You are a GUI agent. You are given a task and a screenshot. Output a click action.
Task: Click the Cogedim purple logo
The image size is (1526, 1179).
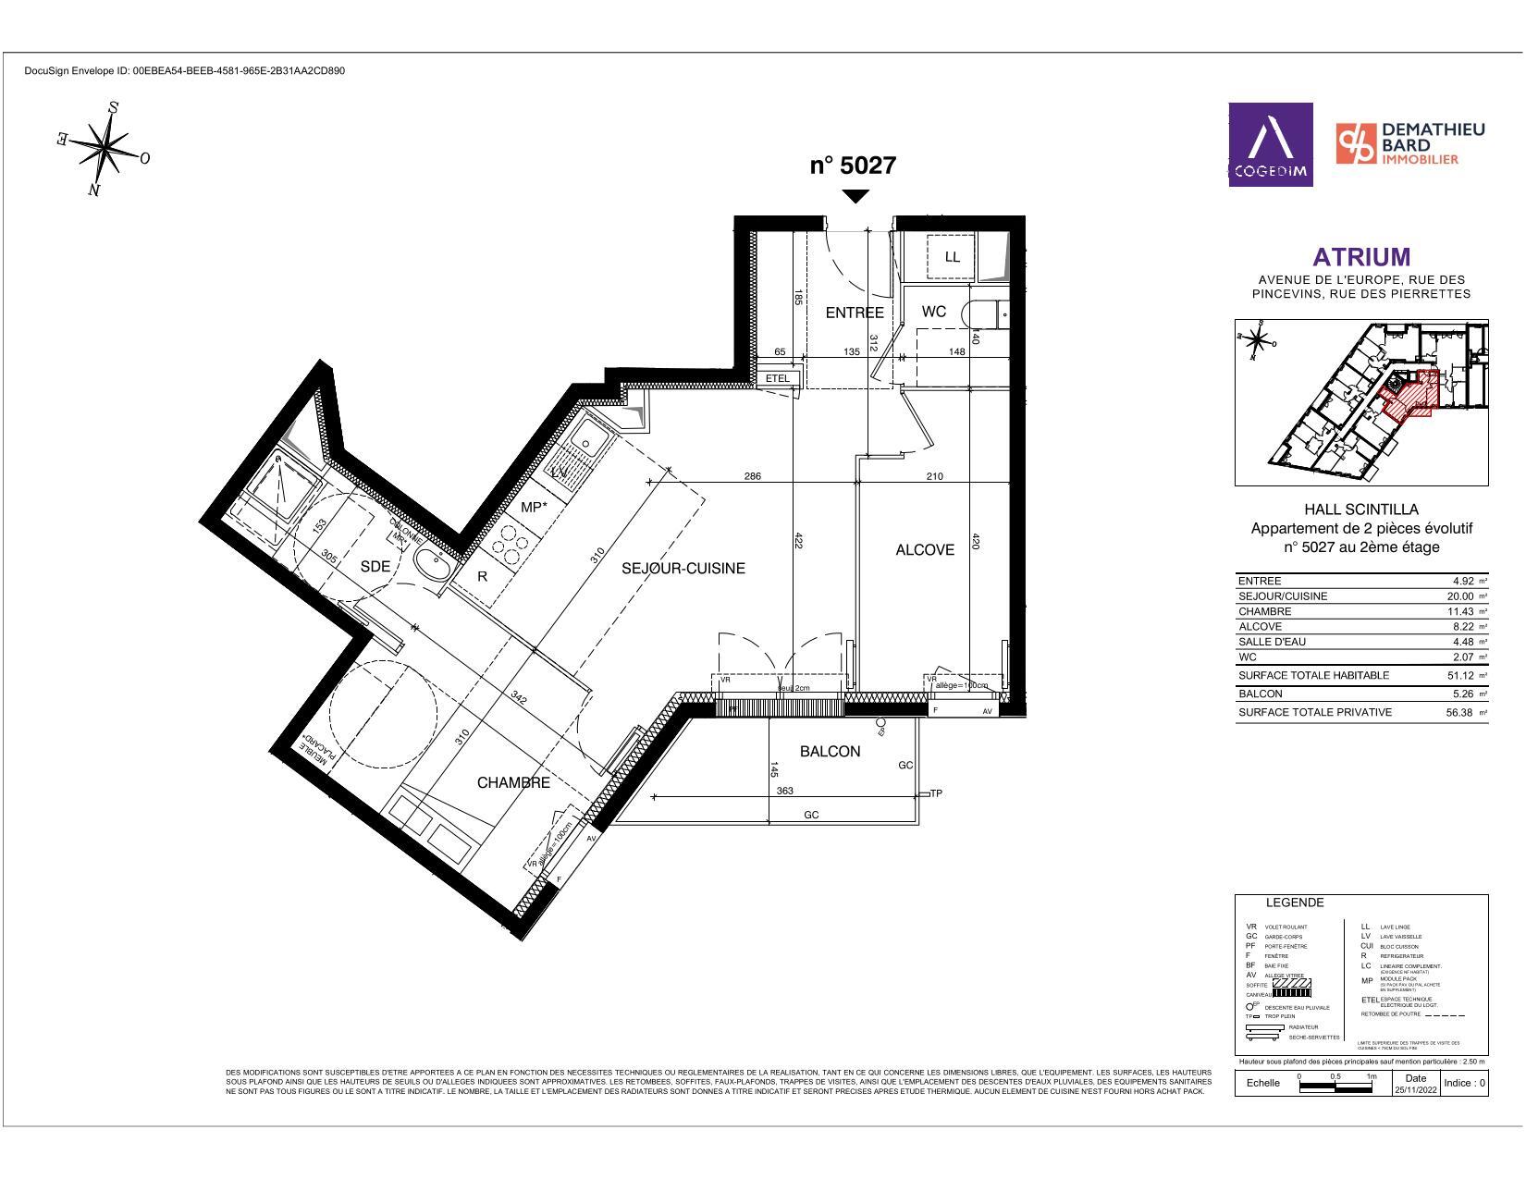[x=1270, y=144]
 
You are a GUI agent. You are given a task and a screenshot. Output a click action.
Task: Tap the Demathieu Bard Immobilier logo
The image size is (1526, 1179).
[x=1410, y=144]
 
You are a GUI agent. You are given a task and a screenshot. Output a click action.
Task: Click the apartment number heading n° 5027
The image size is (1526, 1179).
[x=853, y=166]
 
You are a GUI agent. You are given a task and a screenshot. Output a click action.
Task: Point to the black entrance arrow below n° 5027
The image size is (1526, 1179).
[x=856, y=196]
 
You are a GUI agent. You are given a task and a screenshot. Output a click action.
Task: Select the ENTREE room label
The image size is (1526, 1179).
[x=854, y=313]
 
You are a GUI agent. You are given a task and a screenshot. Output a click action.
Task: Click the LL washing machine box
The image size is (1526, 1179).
[x=953, y=257]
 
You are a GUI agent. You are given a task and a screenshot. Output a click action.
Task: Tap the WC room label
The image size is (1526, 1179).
[x=934, y=312]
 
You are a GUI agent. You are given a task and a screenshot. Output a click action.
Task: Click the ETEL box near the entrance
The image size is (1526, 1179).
[x=778, y=378]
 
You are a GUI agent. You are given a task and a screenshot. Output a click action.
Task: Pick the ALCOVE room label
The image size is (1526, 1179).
[x=924, y=550]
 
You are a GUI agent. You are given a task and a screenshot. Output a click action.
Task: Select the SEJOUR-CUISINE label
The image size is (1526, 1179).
[x=683, y=569]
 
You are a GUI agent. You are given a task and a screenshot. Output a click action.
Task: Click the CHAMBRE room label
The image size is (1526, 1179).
[x=513, y=783]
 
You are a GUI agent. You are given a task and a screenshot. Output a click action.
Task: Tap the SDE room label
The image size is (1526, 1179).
[x=375, y=567]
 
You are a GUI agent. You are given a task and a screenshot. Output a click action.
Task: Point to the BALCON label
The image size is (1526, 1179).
[x=830, y=752]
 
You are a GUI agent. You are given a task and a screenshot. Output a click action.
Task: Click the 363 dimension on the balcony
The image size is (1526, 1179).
[x=784, y=791]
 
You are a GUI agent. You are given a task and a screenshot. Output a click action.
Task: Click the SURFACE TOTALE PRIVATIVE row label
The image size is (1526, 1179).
[x=1314, y=712]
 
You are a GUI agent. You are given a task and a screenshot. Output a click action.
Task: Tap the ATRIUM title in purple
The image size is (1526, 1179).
[x=1361, y=257]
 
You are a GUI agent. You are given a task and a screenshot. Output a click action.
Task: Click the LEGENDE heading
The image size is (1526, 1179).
[x=1294, y=903]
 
